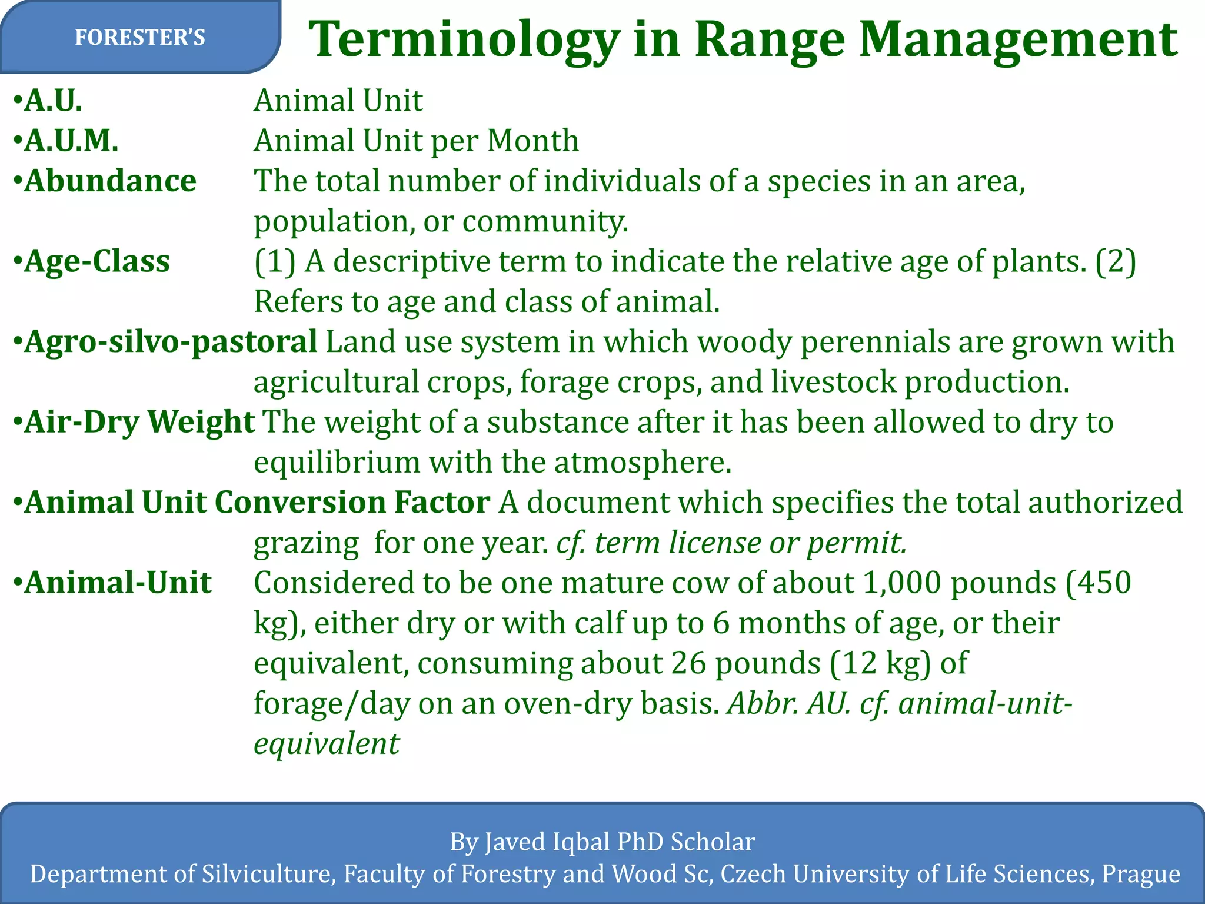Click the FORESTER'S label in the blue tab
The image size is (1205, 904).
point(140,38)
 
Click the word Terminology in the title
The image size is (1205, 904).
point(464,40)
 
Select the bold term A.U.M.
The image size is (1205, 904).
point(71,141)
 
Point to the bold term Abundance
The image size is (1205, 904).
point(110,181)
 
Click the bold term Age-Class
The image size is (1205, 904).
point(97,261)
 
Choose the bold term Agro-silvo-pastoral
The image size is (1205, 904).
point(171,342)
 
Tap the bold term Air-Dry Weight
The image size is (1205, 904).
point(139,422)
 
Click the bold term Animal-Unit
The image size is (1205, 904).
point(118,583)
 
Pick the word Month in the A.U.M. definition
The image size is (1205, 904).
point(533,141)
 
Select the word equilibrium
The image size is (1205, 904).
point(337,463)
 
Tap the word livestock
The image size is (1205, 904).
point(833,382)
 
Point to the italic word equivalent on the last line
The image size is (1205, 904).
point(327,744)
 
